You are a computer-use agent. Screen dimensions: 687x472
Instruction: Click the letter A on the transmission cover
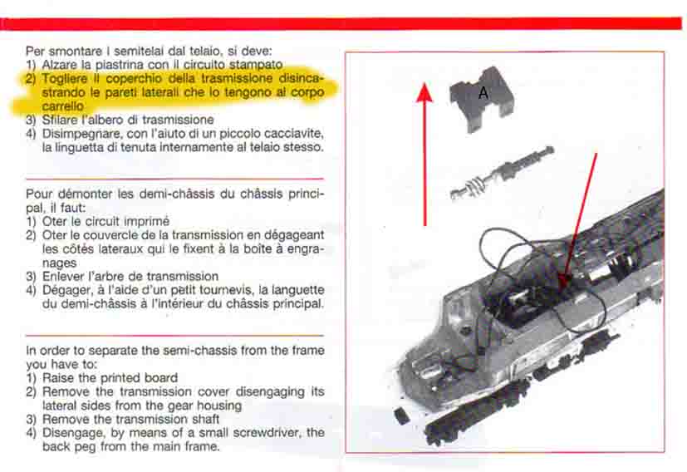(x=483, y=93)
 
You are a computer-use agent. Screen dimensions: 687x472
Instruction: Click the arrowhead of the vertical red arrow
(x=424, y=92)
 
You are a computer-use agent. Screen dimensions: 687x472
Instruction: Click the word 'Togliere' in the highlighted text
(x=65, y=79)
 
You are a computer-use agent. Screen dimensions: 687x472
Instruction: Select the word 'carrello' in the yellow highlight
(x=62, y=106)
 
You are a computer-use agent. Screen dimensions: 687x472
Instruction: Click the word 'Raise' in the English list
(x=56, y=378)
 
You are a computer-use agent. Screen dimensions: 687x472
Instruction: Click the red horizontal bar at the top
(x=341, y=23)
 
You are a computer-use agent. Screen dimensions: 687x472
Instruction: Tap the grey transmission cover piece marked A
(x=481, y=99)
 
